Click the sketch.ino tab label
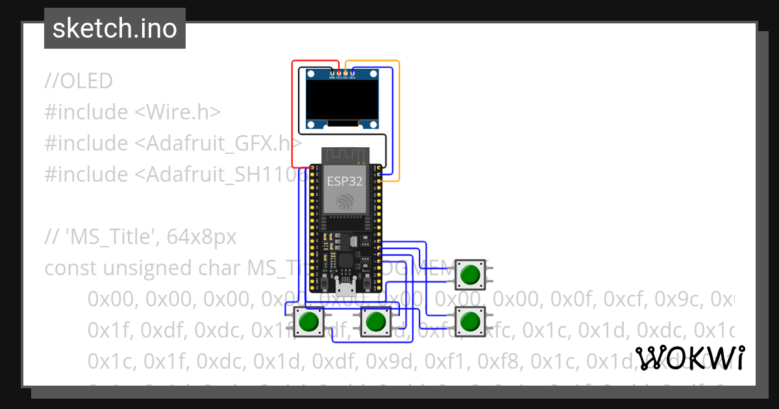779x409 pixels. click(x=115, y=29)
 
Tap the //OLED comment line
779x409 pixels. click(x=79, y=81)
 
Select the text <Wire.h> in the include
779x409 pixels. click(x=178, y=112)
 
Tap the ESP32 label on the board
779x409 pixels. click(x=345, y=182)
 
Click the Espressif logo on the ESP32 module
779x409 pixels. click(x=345, y=203)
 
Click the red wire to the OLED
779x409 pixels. click(x=293, y=117)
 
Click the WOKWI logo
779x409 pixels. click(x=690, y=358)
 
